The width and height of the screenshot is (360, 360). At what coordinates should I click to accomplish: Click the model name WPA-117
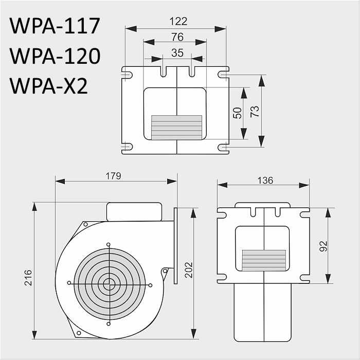coord(55,26)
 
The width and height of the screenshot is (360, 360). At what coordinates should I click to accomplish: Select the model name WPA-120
coord(55,56)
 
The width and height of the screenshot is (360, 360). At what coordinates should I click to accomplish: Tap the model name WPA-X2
coord(49,86)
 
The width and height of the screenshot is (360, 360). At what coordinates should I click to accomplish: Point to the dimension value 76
coord(176,37)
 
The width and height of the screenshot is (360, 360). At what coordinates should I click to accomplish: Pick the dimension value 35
coord(177,52)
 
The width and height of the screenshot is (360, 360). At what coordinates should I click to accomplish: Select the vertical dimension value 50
coord(238,113)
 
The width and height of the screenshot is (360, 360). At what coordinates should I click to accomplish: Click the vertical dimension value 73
coord(255,112)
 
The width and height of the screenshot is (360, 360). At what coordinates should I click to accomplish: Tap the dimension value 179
coord(113,176)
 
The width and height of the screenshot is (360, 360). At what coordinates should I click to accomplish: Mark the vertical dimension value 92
coord(323,246)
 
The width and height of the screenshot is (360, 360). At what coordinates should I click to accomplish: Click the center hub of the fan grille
coord(109,283)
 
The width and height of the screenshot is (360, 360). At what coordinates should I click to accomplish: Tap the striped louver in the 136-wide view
coord(264,260)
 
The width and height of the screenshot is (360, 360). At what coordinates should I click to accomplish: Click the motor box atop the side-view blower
coord(134,211)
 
